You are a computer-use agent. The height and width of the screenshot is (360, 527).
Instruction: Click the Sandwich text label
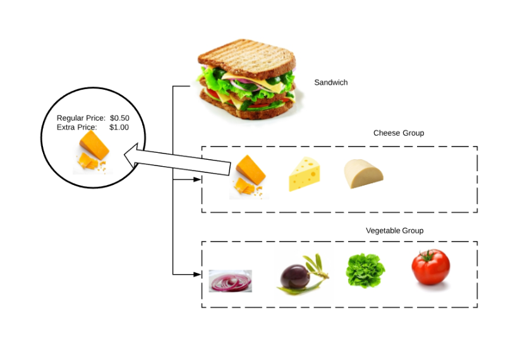tap(330, 82)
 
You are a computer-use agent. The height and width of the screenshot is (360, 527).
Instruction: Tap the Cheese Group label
tap(399, 133)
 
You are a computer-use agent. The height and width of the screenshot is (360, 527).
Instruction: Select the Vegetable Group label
tap(394, 231)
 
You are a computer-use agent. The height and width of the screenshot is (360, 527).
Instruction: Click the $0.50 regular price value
tap(119, 118)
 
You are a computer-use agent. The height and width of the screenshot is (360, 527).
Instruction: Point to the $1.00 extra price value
tap(119, 128)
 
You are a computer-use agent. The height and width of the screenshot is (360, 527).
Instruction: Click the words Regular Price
tap(81, 118)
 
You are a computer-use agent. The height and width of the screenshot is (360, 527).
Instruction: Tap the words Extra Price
tap(77, 128)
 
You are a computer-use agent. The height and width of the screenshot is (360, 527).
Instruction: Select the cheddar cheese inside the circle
tap(93, 150)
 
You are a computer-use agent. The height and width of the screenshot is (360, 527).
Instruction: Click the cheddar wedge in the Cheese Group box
tap(250, 176)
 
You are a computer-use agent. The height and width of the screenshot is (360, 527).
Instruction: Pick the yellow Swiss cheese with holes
tap(304, 174)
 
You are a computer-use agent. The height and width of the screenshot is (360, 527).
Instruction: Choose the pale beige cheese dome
tap(363, 174)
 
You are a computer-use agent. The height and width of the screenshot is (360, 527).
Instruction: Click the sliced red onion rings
tap(230, 281)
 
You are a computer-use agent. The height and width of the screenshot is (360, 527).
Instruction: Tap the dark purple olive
tap(296, 277)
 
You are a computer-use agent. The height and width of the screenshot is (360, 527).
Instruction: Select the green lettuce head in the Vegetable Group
tap(365, 271)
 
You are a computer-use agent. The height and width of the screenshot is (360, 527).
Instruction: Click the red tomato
tap(431, 267)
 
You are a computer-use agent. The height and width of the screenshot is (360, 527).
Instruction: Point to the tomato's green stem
tap(427, 255)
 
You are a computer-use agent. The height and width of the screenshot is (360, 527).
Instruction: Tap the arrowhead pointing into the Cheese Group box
tap(197, 179)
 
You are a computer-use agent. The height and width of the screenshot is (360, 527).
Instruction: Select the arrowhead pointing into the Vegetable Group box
tap(197, 274)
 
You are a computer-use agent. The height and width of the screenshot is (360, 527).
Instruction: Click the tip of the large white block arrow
tap(124, 155)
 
